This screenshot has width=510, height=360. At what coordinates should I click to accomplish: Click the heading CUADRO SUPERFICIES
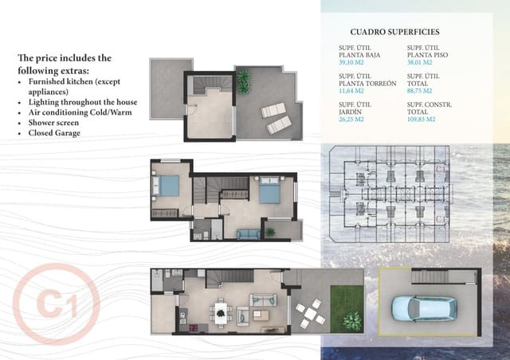pos(394,32)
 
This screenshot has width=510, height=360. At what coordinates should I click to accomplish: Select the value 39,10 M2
pos(351,61)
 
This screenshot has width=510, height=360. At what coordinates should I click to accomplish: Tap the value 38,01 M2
pos(419,61)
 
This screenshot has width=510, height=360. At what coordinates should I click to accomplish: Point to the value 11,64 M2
pos(351,90)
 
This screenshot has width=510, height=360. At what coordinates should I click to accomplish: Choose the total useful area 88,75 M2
pos(419,90)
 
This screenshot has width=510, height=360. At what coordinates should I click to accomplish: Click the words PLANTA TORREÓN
pos(367,83)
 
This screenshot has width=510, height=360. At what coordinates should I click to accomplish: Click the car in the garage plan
pos(422,309)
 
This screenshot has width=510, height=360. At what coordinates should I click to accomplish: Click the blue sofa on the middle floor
pos(249,233)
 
